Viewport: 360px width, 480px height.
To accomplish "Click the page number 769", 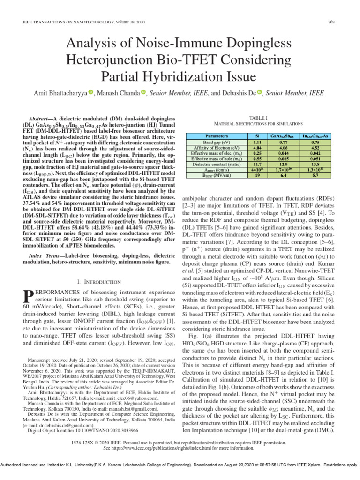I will point(330,22).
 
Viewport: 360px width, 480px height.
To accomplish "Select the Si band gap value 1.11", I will point(257,141).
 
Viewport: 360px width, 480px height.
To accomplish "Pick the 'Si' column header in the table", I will point(257,136).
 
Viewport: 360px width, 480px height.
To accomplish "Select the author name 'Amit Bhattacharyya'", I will point(60,93).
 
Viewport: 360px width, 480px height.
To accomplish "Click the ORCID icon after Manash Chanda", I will point(143,93).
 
